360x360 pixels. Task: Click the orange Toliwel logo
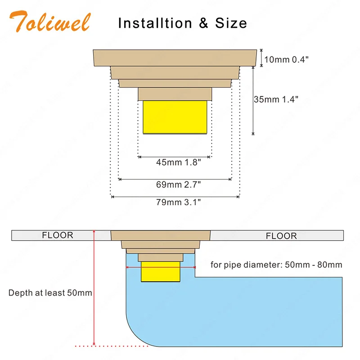tap(50, 21)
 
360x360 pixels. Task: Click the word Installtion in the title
tap(155, 23)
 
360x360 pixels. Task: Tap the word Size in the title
tap(231, 23)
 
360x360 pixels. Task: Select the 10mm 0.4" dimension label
tap(286, 59)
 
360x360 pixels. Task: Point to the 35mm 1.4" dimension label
tap(276, 99)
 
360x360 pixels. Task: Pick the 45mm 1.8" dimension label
tap(178, 162)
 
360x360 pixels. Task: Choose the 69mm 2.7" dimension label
tap(178, 184)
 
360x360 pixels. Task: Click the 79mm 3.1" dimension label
tap(178, 202)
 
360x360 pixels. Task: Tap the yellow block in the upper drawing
tap(175, 117)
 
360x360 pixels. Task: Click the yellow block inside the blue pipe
tap(161, 272)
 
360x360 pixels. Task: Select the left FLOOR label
tap(58, 235)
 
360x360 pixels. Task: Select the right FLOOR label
tap(281, 236)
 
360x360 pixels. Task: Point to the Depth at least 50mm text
tap(50, 293)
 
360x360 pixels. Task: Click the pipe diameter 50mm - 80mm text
tap(276, 265)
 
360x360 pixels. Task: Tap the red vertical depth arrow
tap(94, 288)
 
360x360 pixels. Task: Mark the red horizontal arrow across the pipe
tap(161, 267)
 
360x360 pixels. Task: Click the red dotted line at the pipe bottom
tap(112, 346)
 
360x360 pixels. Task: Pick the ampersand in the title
tap(204, 23)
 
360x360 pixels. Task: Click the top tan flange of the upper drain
tap(175, 58)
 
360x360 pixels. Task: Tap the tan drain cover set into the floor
tap(161, 235)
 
